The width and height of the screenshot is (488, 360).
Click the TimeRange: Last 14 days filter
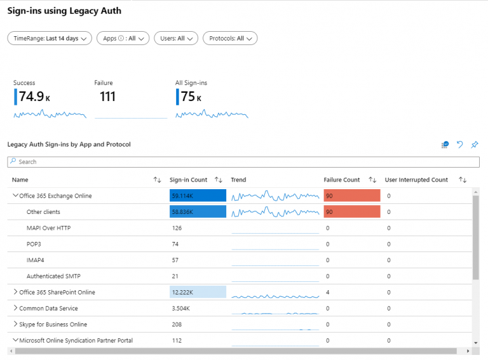pyautogui.click(x=50, y=38)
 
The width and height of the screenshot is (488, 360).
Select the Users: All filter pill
pyautogui.click(x=176, y=38)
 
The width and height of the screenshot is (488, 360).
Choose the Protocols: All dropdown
pyautogui.click(x=230, y=38)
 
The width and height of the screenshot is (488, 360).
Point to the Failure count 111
pyautogui.click(x=107, y=97)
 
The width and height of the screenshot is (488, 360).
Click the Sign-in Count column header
pyautogui.click(x=189, y=180)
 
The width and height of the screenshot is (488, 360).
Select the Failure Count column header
pyautogui.click(x=342, y=180)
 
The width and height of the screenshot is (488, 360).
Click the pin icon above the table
pyautogui.click(x=474, y=145)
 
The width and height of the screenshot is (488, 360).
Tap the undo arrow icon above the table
pyautogui.click(x=460, y=145)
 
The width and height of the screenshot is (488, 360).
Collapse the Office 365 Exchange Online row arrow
pyautogui.click(x=15, y=196)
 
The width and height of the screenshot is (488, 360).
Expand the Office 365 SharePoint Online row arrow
pyautogui.click(x=15, y=292)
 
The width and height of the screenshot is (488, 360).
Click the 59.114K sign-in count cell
pyautogui.click(x=198, y=196)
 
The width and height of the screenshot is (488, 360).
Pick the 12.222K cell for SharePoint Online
pyautogui.click(x=198, y=292)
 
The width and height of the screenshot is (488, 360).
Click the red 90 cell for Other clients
pyautogui.click(x=351, y=212)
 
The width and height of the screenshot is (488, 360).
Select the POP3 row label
pyautogui.click(x=34, y=244)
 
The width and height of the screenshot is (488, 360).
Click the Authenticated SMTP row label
pyautogui.click(x=53, y=276)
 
